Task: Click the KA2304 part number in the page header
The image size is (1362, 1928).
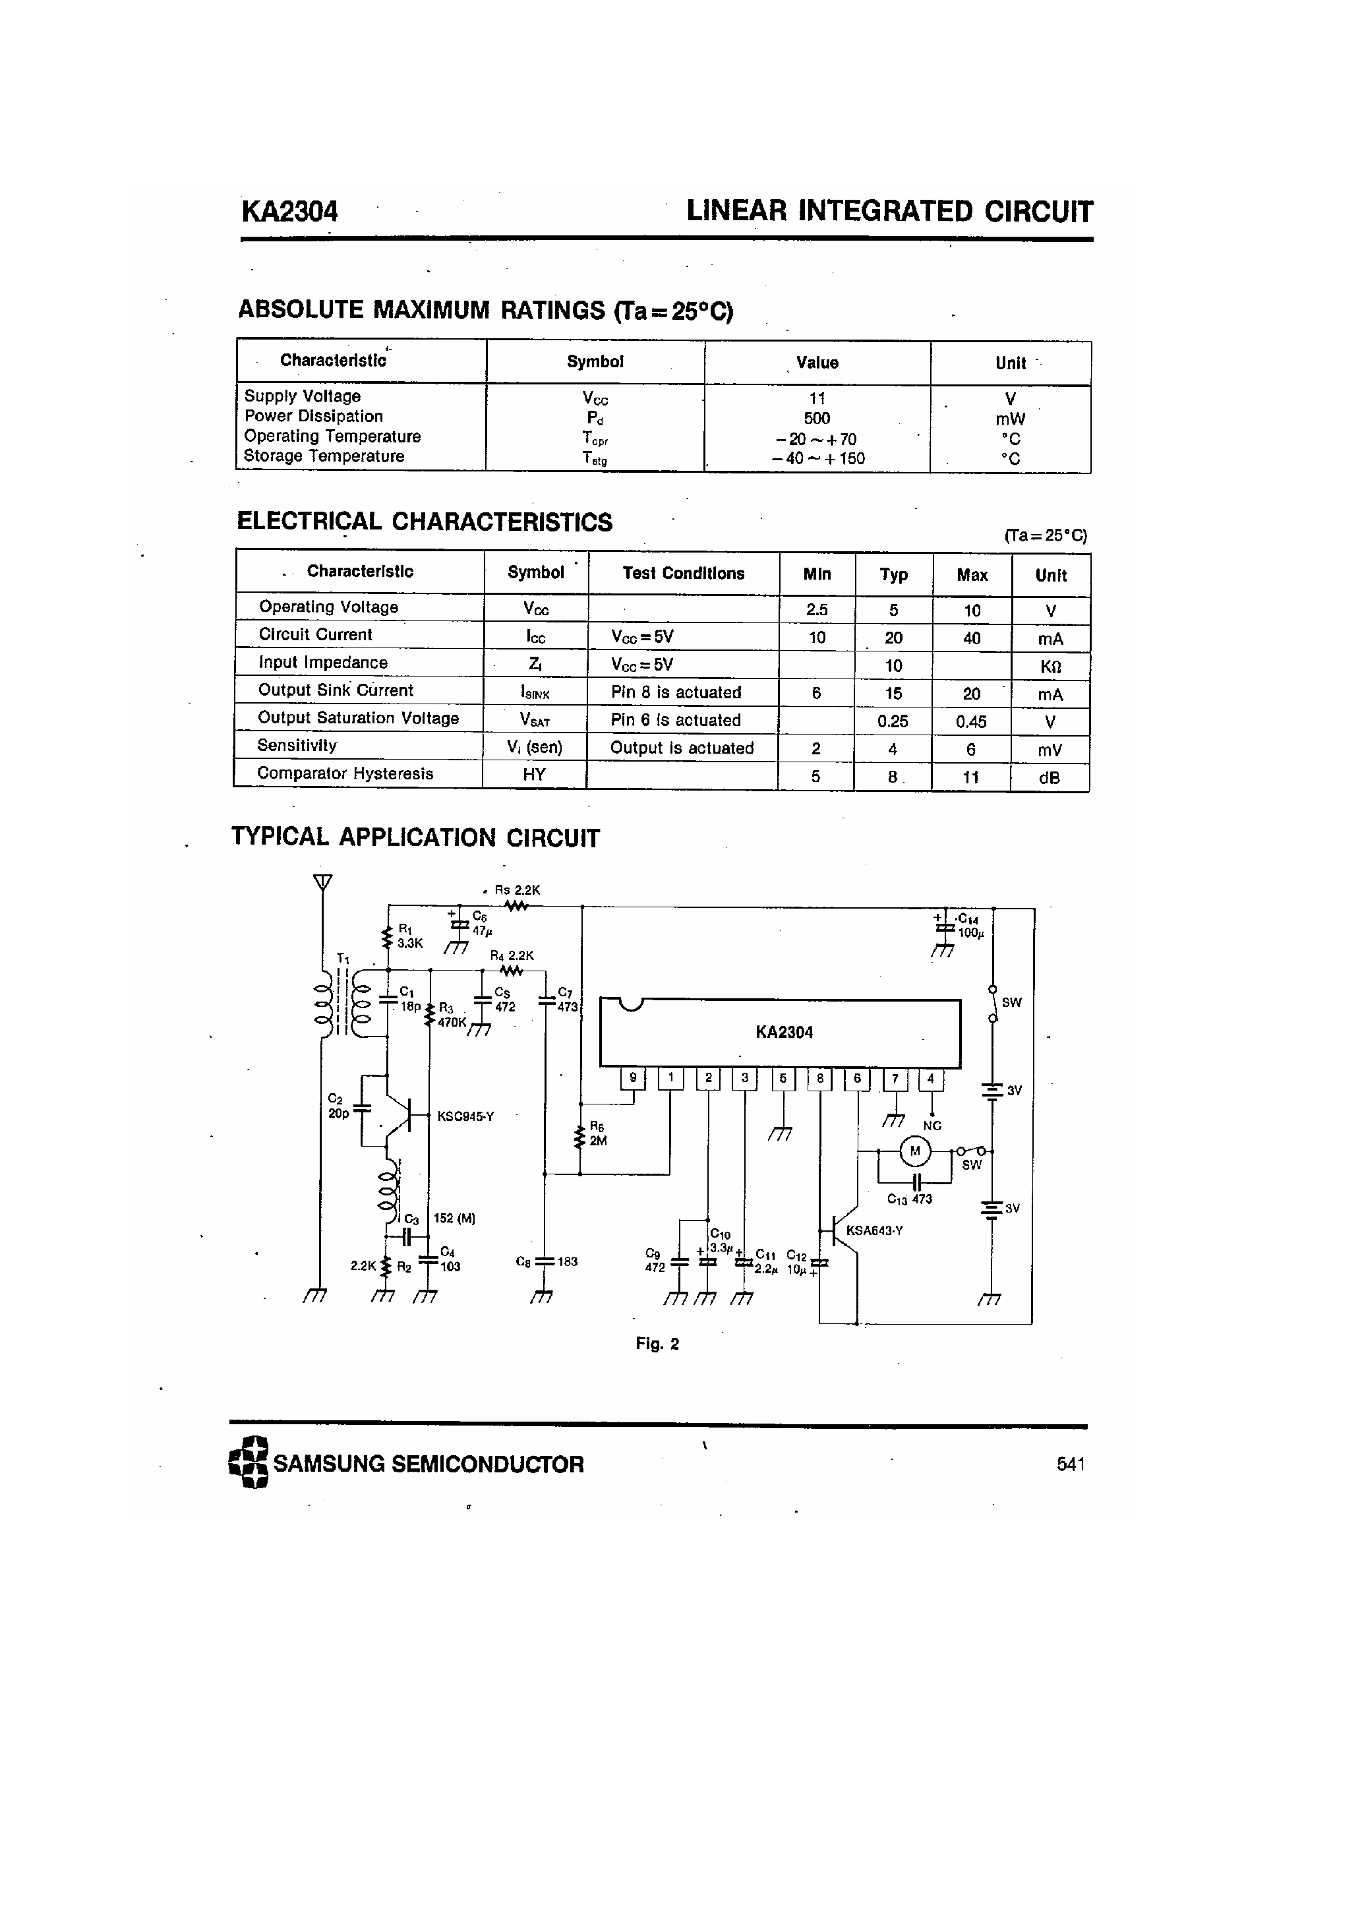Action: coord(289,211)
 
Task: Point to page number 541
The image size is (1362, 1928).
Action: coord(1071,1464)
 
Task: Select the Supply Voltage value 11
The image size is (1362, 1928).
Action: coord(817,398)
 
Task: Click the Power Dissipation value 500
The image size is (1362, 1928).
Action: coord(817,418)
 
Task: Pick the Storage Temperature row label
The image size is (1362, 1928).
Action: coord(324,456)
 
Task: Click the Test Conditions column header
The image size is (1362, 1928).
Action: coord(683,574)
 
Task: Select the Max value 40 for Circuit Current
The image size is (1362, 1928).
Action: coord(972,638)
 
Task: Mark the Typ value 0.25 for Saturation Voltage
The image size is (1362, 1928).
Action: coord(893,721)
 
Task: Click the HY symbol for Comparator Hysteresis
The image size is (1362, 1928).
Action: coord(534,774)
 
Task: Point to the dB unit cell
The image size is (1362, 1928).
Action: coord(1050,777)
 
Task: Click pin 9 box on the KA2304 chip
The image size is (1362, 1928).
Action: coord(633,1078)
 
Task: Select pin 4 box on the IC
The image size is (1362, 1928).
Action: coord(930,1078)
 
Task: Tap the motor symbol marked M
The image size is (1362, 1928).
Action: coord(915,1151)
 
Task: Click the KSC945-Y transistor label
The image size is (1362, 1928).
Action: coord(465,1116)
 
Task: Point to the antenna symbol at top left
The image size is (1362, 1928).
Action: coord(322,882)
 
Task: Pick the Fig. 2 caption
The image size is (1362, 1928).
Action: coord(657,1344)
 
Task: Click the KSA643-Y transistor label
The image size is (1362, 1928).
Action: coord(874,1230)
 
